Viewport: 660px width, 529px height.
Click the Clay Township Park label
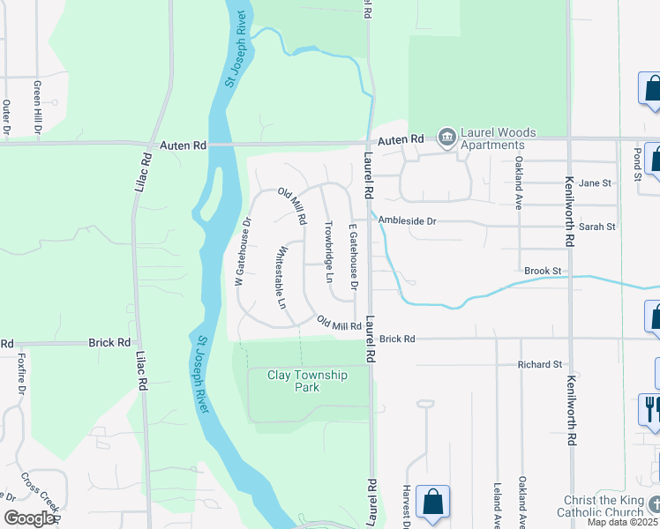[307, 381]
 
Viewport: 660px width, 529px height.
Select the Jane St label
[595, 183]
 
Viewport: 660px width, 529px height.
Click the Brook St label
[542, 271]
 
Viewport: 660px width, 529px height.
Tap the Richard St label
[540, 364]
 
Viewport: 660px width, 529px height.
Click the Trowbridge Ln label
[329, 251]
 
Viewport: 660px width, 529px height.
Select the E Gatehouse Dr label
[352, 257]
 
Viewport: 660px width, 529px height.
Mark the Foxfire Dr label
[21, 376]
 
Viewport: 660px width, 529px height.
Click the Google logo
[29, 518]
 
